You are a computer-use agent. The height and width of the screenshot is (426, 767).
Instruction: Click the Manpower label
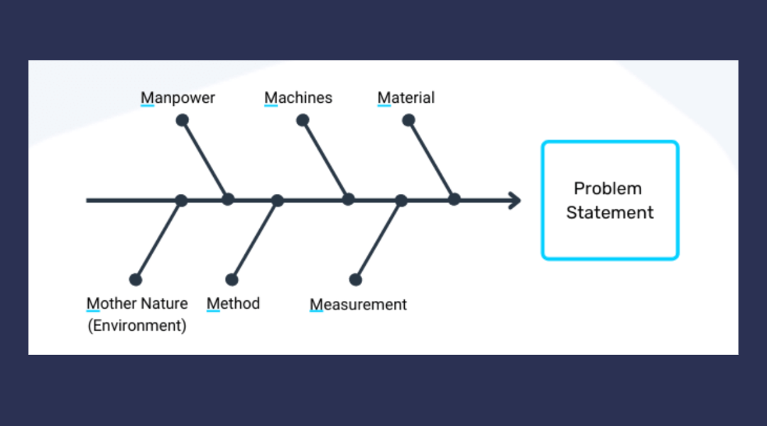tap(178, 98)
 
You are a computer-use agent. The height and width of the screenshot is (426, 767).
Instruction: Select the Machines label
tap(298, 98)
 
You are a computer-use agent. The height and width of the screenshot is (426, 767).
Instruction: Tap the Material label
tap(406, 98)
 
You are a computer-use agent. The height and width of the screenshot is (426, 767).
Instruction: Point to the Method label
tap(233, 304)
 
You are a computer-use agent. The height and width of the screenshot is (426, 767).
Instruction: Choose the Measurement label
tap(358, 305)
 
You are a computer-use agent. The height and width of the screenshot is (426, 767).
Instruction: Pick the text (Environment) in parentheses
tap(136, 326)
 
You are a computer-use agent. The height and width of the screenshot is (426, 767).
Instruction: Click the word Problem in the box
tap(608, 189)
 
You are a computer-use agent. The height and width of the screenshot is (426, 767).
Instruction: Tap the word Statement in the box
tap(610, 212)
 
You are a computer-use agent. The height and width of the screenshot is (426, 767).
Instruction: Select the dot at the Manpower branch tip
tap(182, 120)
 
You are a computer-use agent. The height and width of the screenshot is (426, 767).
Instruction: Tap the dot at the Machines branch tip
tap(303, 120)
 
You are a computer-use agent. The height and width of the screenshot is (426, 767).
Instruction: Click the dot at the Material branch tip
tap(408, 120)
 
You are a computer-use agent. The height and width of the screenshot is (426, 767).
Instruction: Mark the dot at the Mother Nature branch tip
tap(136, 280)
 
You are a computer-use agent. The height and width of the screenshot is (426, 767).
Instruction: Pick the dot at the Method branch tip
tap(232, 280)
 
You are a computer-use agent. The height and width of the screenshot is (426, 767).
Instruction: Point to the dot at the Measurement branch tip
tap(356, 280)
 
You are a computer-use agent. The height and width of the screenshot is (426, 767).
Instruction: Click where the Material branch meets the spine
tap(454, 200)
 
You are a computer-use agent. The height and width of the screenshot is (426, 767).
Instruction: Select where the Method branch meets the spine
tap(277, 200)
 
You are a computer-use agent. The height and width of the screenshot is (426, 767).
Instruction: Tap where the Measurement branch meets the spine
tap(401, 200)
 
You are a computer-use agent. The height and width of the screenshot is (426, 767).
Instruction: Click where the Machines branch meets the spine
tap(348, 200)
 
